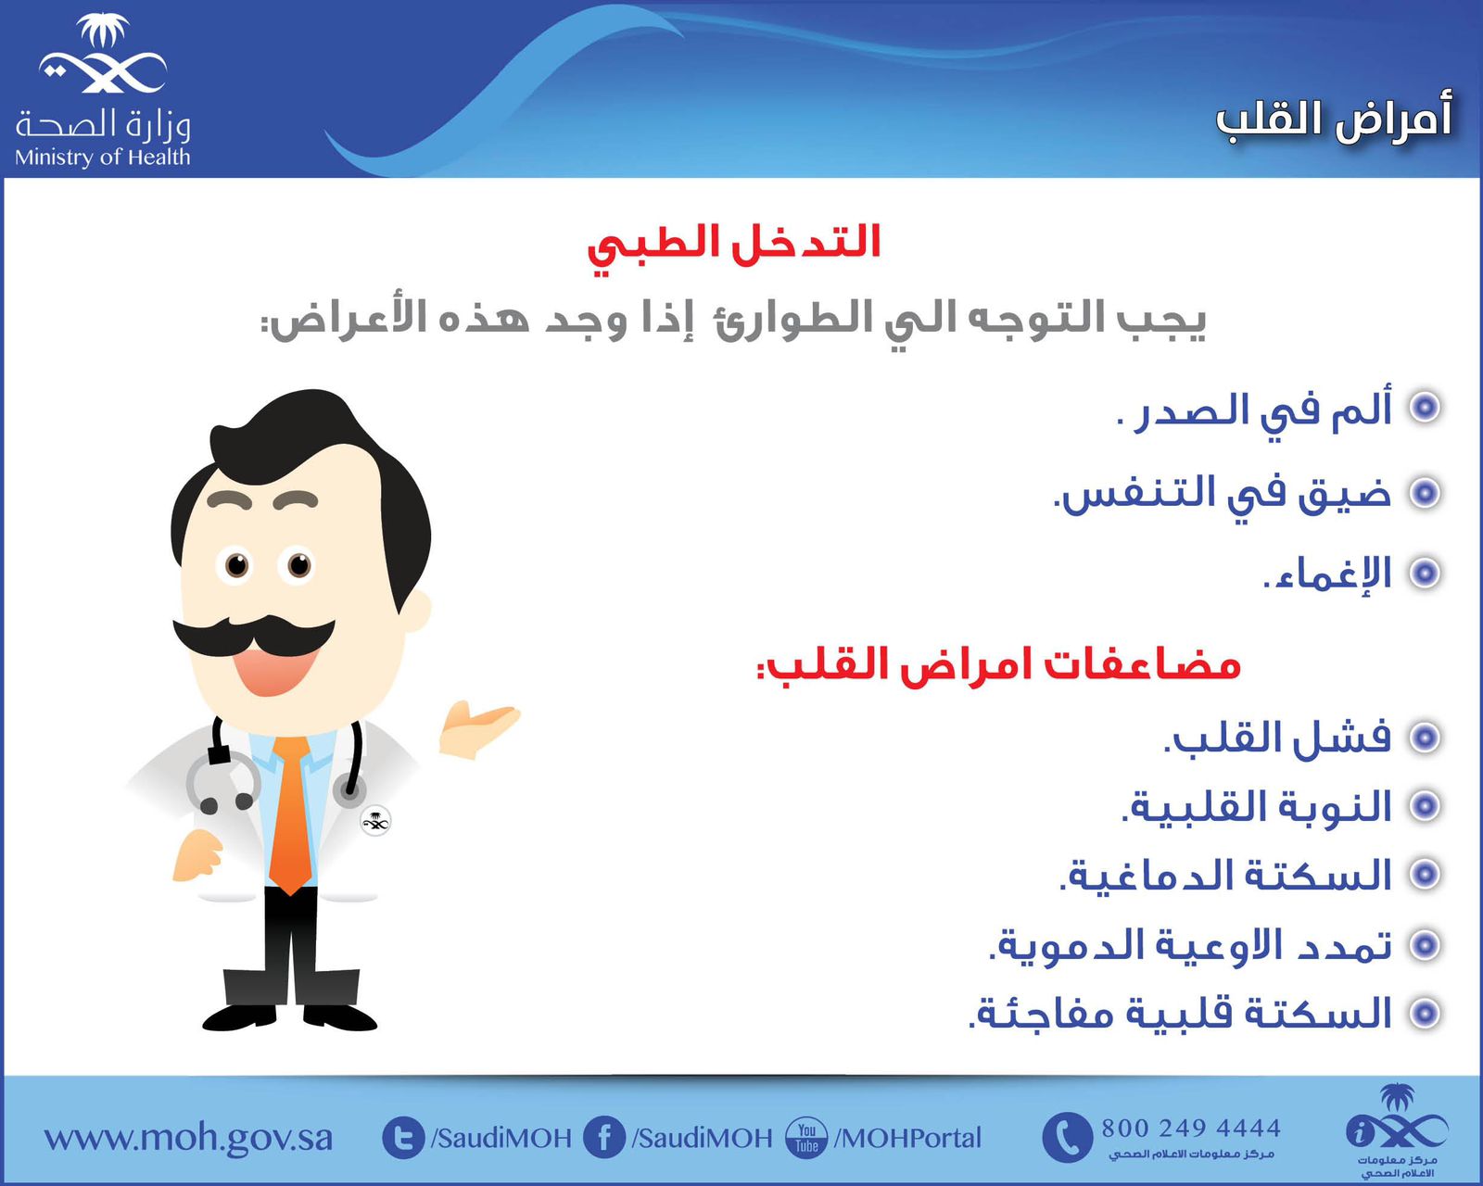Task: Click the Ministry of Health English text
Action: (x=102, y=158)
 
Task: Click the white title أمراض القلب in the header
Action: (x=1334, y=120)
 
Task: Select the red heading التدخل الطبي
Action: (x=734, y=246)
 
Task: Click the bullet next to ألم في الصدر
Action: (x=1425, y=408)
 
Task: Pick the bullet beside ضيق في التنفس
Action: (x=1425, y=493)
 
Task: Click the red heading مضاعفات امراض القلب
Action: (x=999, y=665)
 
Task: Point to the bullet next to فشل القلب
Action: (x=1425, y=738)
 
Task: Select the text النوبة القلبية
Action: (x=1257, y=806)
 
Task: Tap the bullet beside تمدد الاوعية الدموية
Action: (x=1425, y=945)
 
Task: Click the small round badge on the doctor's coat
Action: (x=375, y=821)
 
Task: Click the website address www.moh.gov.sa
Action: (x=188, y=1137)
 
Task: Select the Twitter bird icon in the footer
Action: (x=403, y=1137)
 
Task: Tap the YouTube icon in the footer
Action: (x=806, y=1137)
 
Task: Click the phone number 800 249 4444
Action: (x=1191, y=1129)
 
